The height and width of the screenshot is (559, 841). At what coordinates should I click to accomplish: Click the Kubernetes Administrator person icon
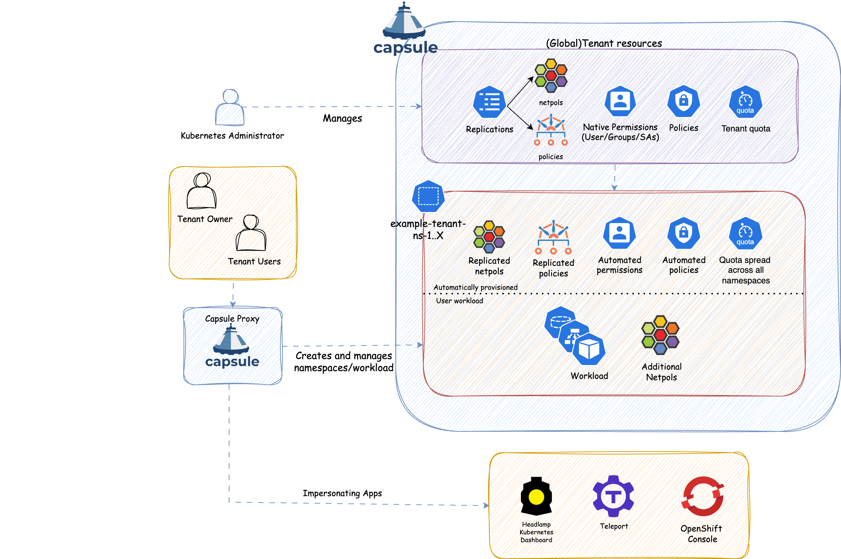(x=230, y=107)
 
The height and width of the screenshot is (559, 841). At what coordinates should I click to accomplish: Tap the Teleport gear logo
(x=613, y=496)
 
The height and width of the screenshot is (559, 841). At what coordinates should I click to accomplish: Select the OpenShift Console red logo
(x=703, y=496)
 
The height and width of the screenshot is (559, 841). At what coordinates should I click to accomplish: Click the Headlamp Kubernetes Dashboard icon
(x=536, y=496)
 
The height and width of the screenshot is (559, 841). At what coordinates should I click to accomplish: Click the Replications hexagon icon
(x=489, y=102)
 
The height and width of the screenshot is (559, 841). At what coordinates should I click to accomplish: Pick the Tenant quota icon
(x=745, y=102)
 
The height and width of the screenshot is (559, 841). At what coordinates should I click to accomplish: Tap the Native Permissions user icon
(x=620, y=101)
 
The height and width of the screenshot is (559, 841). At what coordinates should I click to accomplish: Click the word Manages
(x=342, y=118)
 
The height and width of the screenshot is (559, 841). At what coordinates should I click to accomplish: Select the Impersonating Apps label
(x=342, y=493)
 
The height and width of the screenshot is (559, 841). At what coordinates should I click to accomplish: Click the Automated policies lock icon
(x=683, y=233)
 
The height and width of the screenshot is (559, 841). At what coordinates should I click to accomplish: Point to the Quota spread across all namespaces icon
(x=745, y=234)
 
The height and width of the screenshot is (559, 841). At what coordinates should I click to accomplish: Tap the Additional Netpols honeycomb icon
(x=660, y=335)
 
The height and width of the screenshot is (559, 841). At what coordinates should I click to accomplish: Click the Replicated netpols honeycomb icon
(x=489, y=237)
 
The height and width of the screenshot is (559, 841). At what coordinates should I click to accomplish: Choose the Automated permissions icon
(x=619, y=233)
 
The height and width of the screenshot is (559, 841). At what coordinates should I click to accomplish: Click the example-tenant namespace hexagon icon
(x=428, y=196)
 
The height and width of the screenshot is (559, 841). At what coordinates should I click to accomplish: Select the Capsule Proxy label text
(x=232, y=319)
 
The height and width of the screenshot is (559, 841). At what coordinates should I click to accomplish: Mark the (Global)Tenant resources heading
(x=604, y=43)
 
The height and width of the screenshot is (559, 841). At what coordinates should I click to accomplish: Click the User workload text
(x=459, y=301)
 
